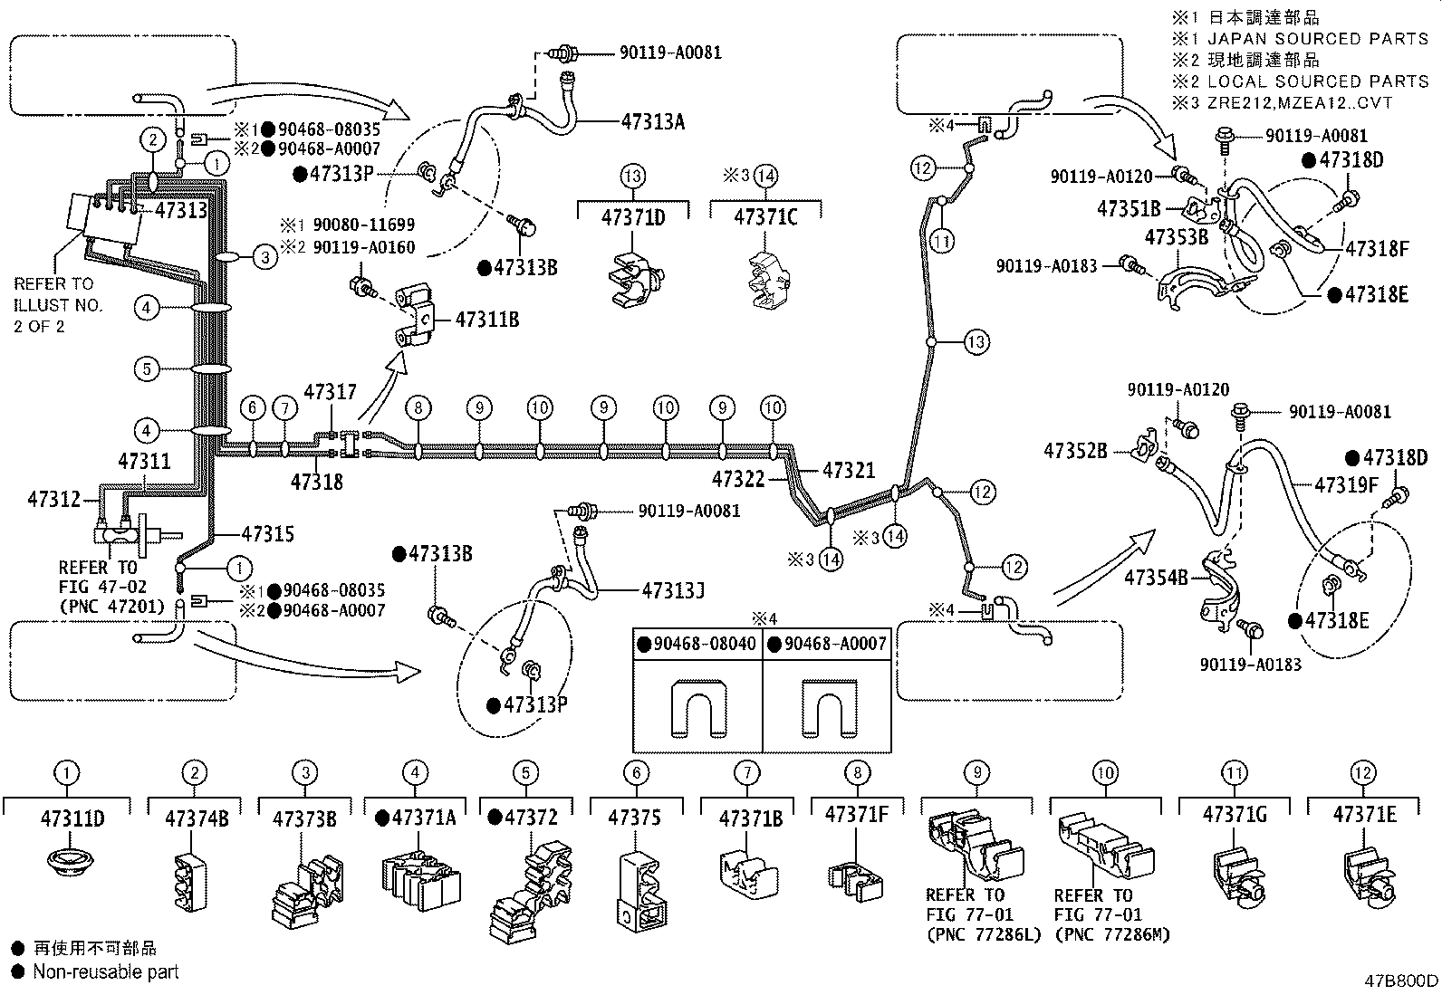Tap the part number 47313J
[673, 591]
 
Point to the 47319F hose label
[1346, 485]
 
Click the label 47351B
[1129, 209]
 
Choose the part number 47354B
[1155, 576]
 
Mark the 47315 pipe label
[268, 534]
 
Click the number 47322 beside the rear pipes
[738, 479]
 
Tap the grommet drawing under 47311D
[67, 861]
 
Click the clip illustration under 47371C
[766, 277]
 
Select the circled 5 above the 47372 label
[525, 772]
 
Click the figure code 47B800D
[1401, 981]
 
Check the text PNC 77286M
[1112, 934]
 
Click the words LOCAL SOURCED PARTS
[1318, 81]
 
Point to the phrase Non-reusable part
[106, 971]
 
